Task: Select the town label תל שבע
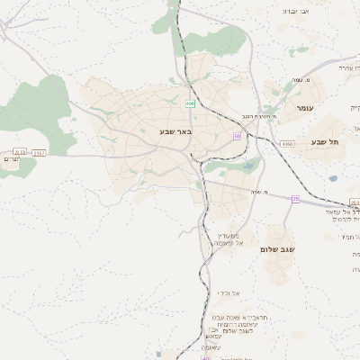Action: [321, 141]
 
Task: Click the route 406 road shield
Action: [191, 104]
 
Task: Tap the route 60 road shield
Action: [237, 136]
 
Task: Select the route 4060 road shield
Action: [287, 143]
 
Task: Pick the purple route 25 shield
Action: [295, 199]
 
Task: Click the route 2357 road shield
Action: [39, 153]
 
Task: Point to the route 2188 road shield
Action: [20, 153]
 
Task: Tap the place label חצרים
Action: [11, 159]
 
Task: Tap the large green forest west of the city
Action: [45, 112]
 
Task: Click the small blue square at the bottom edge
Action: [161, 355]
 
